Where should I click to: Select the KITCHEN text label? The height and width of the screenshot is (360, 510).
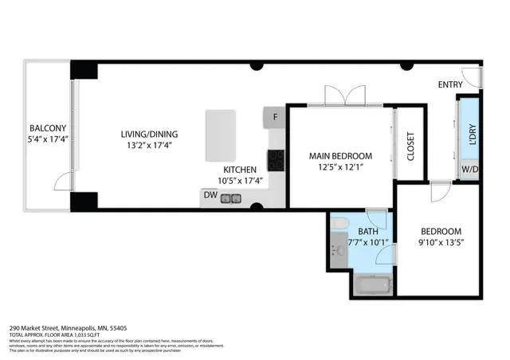(239, 170)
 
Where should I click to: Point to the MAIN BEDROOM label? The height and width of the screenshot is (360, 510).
(341, 155)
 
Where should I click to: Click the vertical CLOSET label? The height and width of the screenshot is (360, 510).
(411, 145)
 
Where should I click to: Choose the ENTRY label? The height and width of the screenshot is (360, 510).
(450, 84)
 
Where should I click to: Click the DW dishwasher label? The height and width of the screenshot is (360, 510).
(210, 194)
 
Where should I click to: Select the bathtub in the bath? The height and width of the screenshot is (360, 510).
(372, 284)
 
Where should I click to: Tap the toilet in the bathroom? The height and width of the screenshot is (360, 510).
(339, 223)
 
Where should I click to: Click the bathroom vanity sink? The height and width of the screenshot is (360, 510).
(337, 249)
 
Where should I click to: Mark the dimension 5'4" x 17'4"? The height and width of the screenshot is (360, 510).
(48, 140)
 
